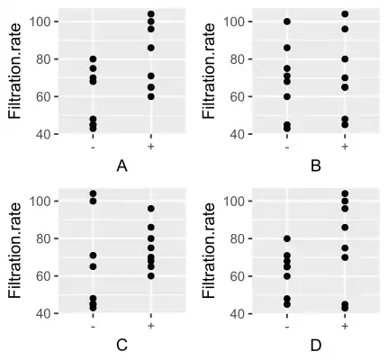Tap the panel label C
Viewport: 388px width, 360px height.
(122, 345)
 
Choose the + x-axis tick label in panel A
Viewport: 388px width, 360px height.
(150, 145)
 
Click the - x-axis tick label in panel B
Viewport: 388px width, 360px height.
(287, 145)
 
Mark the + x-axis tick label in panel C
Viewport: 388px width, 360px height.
(150, 325)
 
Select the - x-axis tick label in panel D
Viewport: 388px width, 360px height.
(287, 325)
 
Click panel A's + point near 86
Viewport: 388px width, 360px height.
(150, 48)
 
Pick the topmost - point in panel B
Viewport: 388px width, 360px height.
(287, 22)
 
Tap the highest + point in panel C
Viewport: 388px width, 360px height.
(150, 209)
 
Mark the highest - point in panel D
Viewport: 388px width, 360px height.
(287, 238)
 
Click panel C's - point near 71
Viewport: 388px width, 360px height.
(94, 256)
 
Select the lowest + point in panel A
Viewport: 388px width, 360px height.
(150, 96)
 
